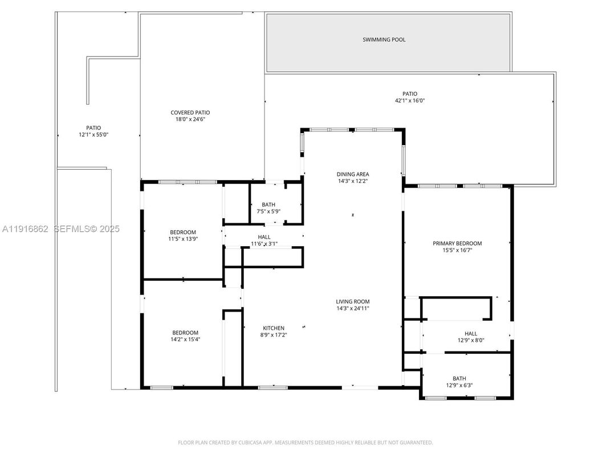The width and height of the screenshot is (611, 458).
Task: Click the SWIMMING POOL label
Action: [384, 40]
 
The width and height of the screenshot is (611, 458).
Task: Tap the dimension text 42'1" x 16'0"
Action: [410, 101]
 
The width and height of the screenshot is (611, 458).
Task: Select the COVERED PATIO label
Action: [190, 113]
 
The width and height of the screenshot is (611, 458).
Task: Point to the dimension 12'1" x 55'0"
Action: [93, 135]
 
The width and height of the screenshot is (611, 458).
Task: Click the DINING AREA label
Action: [353, 174]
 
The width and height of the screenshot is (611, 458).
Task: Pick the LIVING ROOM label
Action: [353, 302]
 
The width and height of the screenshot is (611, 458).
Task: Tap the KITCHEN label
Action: [274, 328]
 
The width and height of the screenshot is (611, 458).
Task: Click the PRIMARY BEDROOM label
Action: [457, 243]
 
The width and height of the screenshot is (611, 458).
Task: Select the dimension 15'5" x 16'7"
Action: [457, 250]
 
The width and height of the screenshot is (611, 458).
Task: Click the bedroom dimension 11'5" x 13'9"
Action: [183, 239]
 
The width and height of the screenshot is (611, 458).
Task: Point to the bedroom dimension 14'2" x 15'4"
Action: [186, 340]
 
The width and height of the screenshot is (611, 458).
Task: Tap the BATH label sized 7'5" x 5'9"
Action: [268, 205]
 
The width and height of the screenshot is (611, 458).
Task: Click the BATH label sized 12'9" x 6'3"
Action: [459, 378]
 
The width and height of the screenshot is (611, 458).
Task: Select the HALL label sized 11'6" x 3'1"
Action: [264, 237]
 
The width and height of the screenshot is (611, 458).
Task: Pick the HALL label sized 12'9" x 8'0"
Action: [471, 334]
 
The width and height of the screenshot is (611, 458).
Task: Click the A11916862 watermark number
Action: [26, 229]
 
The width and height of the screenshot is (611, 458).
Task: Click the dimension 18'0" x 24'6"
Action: [190, 120]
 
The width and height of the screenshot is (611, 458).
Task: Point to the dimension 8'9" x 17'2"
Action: [274, 335]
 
